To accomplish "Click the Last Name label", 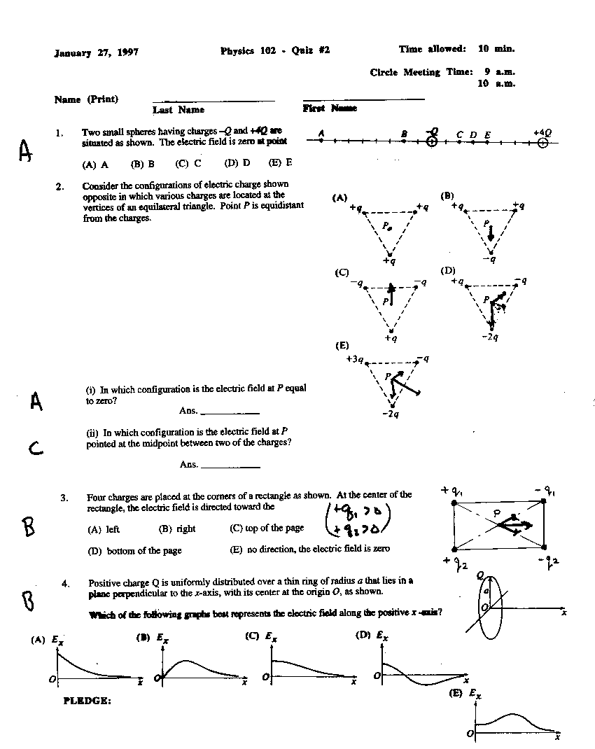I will click(178, 110).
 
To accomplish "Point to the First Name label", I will click(330, 108).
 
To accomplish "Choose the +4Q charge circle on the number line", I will click(542, 143).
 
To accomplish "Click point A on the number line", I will click(321, 141).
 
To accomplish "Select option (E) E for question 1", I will click(279, 163).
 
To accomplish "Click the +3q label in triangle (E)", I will click(354, 359).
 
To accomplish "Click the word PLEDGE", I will click(87, 700).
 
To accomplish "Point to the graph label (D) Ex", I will click(372, 636).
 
